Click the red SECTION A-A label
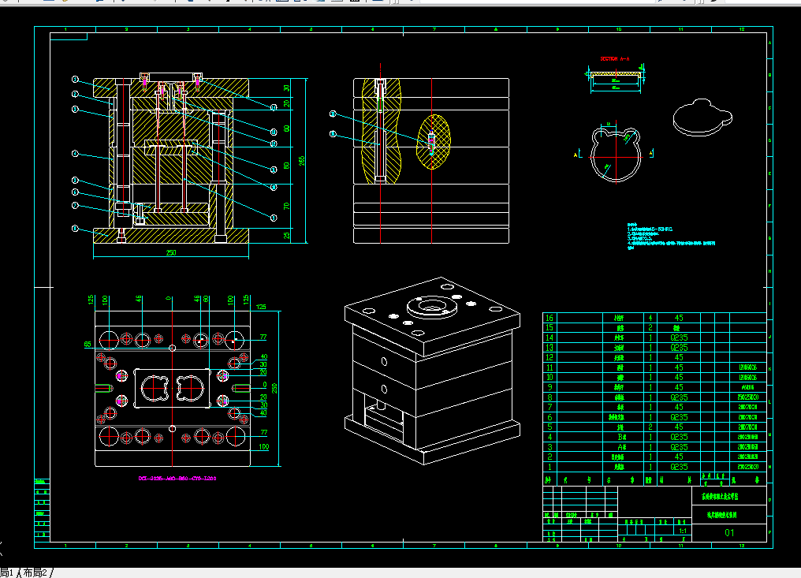(x=615, y=58)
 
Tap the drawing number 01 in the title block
(x=729, y=533)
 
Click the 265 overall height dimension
(x=300, y=160)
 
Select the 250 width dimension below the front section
(x=170, y=252)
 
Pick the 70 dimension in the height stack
(x=287, y=206)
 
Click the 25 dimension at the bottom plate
(x=287, y=234)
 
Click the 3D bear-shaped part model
(x=701, y=117)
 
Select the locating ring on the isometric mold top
(x=430, y=306)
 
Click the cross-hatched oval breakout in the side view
(x=434, y=142)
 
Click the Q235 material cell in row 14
(x=679, y=337)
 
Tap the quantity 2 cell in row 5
(x=650, y=427)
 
